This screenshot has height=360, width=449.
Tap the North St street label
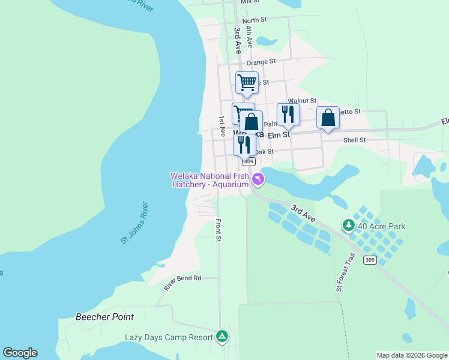[255, 20]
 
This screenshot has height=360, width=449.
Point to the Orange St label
[261, 62]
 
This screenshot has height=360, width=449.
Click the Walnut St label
[302, 101]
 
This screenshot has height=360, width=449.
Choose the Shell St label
[354, 140]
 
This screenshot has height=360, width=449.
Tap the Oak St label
[264, 152]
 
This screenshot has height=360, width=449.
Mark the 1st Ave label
[221, 124]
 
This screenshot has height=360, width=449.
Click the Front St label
[218, 230]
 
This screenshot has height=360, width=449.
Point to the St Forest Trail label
[346, 272]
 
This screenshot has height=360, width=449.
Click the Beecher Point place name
[104, 316]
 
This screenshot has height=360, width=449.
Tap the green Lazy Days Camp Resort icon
[222, 337]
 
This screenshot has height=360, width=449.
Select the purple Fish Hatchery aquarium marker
[258, 179]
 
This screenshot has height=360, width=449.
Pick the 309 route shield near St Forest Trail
[370, 260]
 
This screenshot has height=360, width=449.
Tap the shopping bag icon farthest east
[328, 117]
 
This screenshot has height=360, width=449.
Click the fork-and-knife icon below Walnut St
[288, 113]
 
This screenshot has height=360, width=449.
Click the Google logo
[20, 353]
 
